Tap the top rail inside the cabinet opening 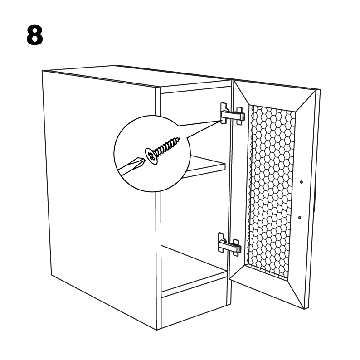(x=195, y=89)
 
